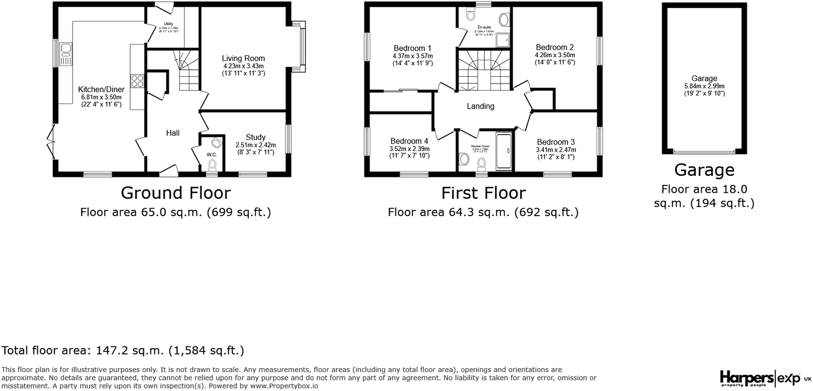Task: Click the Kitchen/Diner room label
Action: [x=101, y=90]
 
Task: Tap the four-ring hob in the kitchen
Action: [x=137, y=81]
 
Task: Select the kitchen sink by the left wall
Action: [x=66, y=54]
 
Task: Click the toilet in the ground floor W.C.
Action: [x=212, y=164]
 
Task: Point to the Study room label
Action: [x=255, y=137]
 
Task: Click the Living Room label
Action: [x=243, y=58]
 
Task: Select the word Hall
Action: [x=172, y=133]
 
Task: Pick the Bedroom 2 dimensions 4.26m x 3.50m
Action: [x=555, y=55]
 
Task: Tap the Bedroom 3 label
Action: [x=556, y=142]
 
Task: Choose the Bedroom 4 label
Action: [x=409, y=141]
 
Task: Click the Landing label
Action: [x=480, y=106]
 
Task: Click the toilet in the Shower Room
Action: [x=464, y=158]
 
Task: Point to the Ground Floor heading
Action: [x=176, y=192]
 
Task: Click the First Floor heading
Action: [x=483, y=192]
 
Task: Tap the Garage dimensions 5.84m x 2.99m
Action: [x=704, y=86]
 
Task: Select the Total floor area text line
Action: [x=123, y=350]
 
